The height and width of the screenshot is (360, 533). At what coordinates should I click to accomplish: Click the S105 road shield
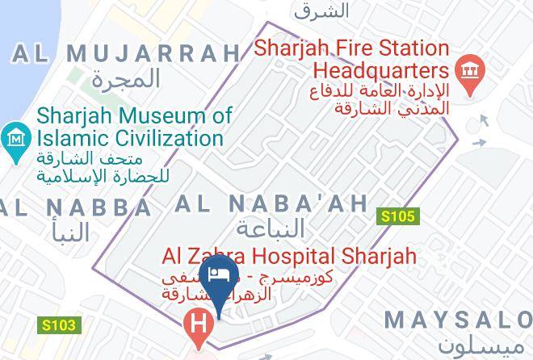tap(398, 216)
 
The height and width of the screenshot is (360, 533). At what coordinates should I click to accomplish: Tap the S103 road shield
tap(59, 325)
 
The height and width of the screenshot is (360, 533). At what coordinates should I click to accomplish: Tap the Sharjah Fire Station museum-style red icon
tap(468, 72)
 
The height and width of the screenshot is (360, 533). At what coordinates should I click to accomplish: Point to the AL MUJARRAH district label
tap(126, 54)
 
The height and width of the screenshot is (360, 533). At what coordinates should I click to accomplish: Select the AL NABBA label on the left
tap(76, 207)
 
